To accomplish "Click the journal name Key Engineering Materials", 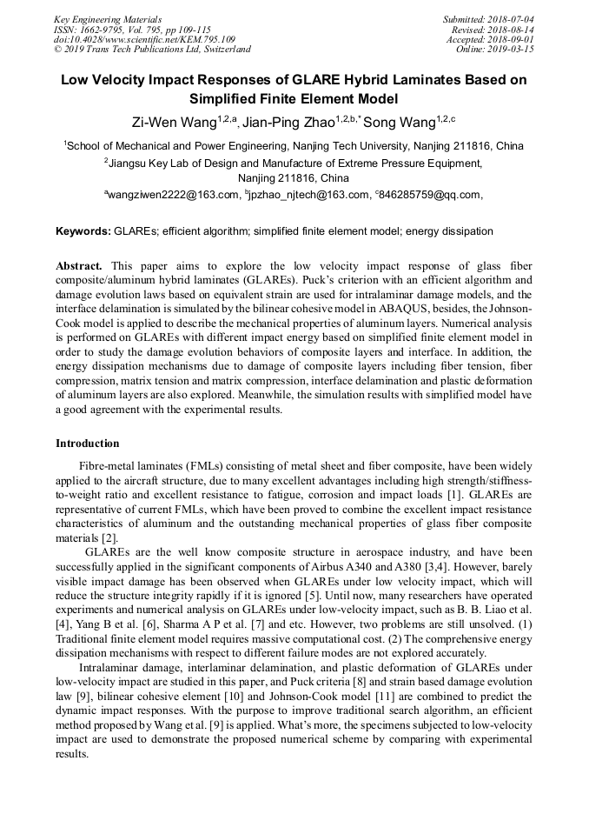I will pos(107,19).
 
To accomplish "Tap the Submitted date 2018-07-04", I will pos(510,19).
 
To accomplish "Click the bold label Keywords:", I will pos(83,232).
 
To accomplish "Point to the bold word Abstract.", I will pos(79,265).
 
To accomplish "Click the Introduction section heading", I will pos(88,444).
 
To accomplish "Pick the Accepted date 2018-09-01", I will pos(512,39).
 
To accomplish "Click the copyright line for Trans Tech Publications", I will pos(152,50).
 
